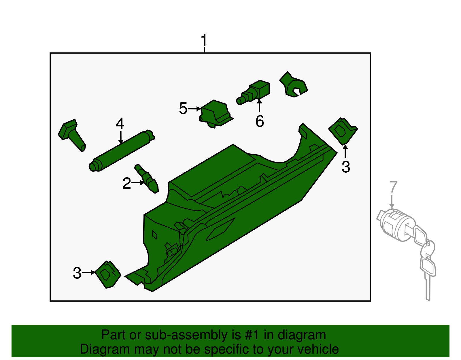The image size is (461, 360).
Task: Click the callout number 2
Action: (126, 183)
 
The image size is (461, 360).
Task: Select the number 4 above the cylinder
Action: (120, 124)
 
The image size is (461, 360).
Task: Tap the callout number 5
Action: (183, 109)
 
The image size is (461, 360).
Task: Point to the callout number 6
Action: (260, 121)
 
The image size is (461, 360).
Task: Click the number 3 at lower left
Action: (77, 273)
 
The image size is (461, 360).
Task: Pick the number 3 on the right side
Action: (346, 167)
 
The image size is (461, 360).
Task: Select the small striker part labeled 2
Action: (147, 179)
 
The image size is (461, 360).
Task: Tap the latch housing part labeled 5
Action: (215, 113)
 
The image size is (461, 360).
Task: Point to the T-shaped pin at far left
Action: (71, 134)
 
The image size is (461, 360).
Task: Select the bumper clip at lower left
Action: (107, 274)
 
